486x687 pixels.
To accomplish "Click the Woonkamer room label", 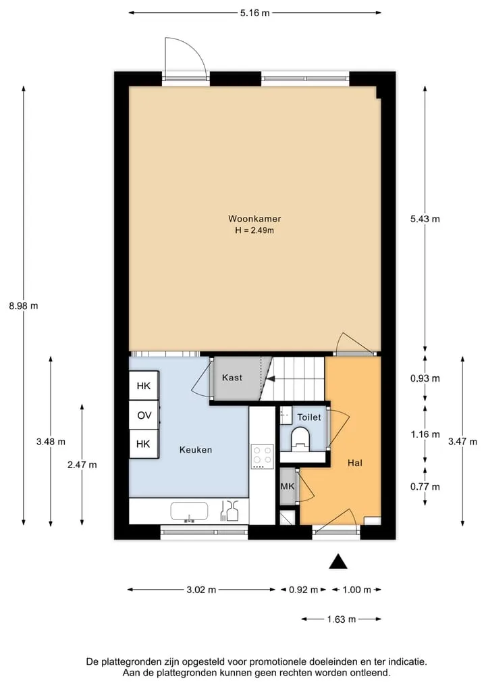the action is click(x=254, y=219).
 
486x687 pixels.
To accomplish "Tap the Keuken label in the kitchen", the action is click(x=195, y=449).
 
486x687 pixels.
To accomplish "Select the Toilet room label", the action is click(x=309, y=417).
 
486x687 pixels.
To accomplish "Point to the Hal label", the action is click(x=354, y=463).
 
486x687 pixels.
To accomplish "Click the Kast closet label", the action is click(x=232, y=377).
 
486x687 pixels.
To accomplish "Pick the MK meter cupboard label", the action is click(x=288, y=486).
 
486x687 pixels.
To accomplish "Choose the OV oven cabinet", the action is click(x=144, y=415).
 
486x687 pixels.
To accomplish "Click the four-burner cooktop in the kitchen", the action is click(x=263, y=457).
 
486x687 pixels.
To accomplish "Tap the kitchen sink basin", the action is click(x=189, y=512).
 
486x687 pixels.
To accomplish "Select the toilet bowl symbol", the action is click(x=300, y=438).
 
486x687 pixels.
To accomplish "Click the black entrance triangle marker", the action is click(x=338, y=562).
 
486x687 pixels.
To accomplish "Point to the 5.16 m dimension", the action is click(x=255, y=13).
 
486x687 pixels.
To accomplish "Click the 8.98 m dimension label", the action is click(x=24, y=306).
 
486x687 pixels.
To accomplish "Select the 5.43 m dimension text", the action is click(x=425, y=219).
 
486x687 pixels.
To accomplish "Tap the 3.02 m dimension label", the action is click(x=201, y=590).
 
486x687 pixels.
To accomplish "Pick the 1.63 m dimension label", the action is click(x=342, y=619).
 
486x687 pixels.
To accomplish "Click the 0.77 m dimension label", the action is click(x=425, y=486).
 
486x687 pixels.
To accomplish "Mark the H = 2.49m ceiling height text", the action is click(x=254, y=230).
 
